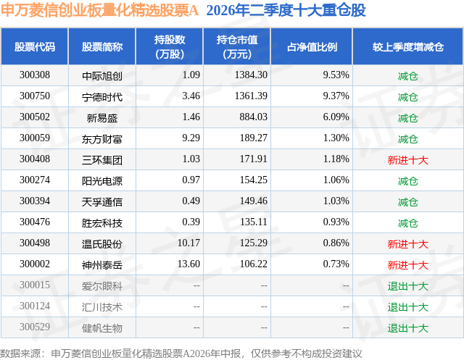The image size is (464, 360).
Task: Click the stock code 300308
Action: pyautogui.click(x=35, y=75)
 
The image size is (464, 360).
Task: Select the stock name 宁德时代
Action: pyautogui.click(x=102, y=97)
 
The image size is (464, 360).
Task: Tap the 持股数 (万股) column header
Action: pyautogui.click(x=170, y=46)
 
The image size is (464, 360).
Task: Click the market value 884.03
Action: pyautogui.click(x=253, y=117)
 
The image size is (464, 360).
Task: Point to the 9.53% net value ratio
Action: pyautogui.click(x=336, y=75)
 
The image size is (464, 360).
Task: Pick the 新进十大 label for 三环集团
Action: pyautogui.click(x=407, y=160)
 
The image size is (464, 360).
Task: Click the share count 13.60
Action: pyautogui.click(x=188, y=264)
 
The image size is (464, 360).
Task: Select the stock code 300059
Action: pyautogui.click(x=35, y=138)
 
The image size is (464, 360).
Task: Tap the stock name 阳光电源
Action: pyautogui.click(x=102, y=181)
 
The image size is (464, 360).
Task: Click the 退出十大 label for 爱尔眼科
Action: pyautogui.click(x=407, y=286)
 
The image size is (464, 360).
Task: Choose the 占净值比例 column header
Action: pyautogui.click(x=312, y=47)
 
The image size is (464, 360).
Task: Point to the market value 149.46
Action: pyautogui.click(x=253, y=201)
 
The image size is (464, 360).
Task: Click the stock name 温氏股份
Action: pyautogui.click(x=102, y=244)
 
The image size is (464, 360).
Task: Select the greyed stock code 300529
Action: pyautogui.click(x=35, y=327)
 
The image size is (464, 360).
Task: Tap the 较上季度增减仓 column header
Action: pyautogui.click(x=407, y=47)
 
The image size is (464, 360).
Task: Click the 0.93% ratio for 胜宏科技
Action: pyautogui.click(x=336, y=222)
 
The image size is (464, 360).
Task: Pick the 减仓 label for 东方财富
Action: pyautogui.click(x=407, y=139)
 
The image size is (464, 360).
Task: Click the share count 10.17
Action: pyautogui.click(x=188, y=243)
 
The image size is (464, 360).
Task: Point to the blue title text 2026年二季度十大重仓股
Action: pyautogui.click(x=286, y=10)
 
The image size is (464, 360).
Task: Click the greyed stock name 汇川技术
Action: pyautogui.click(x=102, y=307)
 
